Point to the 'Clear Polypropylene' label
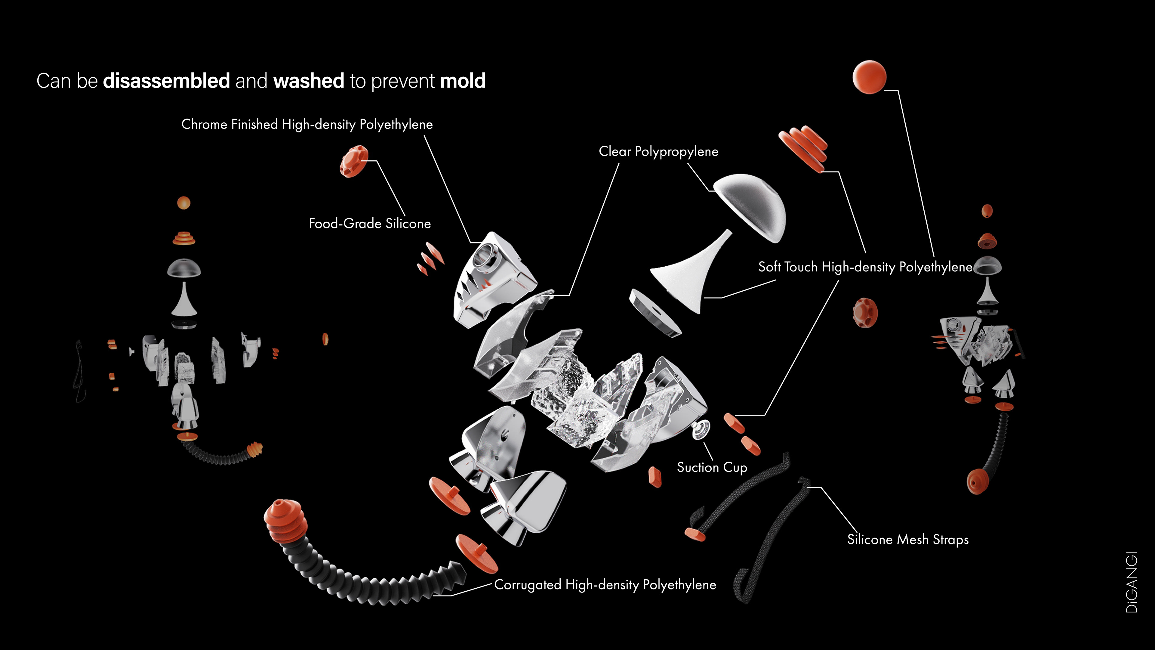click(658, 152)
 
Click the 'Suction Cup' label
click(712, 467)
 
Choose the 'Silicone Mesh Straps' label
click(907, 539)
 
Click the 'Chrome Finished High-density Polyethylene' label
click(307, 124)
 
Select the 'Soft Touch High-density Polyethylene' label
click(865, 267)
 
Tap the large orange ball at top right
click(869, 77)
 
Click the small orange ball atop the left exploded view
click(183, 203)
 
